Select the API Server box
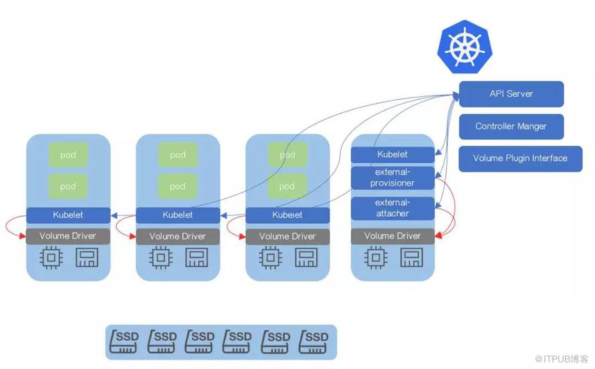pyautogui.click(x=511, y=94)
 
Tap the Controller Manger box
pyautogui.click(x=511, y=126)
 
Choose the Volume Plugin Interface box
pyautogui.click(x=520, y=158)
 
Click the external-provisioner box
pyautogui.click(x=392, y=178)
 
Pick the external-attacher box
pyautogui.click(x=392, y=208)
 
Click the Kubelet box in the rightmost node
pyautogui.click(x=392, y=154)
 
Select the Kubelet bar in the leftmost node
pyautogui.click(x=68, y=215)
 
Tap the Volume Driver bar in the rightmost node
pyautogui.click(x=392, y=236)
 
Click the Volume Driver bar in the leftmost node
pyautogui.click(x=68, y=236)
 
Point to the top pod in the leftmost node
pyautogui.click(x=68, y=155)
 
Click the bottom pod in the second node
pyautogui.click(x=178, y=187)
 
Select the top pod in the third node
pyautogui.click(x=287, y=155)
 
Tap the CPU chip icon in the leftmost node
pyautogui.click(x=51, y=258)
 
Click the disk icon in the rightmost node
pyautogui.click(x=410, y=258)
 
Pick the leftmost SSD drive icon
pyautogui.click(x=124, y=342)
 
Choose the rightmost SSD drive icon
pyautogui.click(x=314, y=342)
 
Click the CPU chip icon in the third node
pyautogui.click(x=270, y=258)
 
